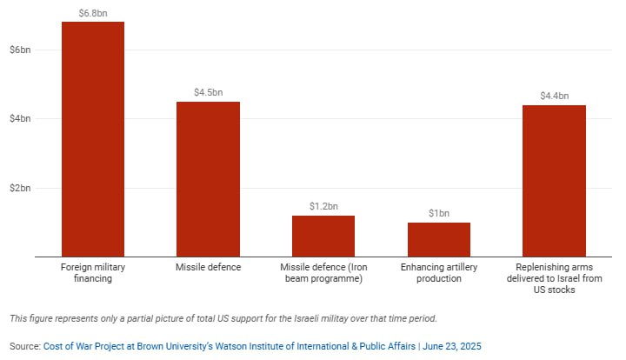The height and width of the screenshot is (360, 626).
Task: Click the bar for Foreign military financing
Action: click(92, 139)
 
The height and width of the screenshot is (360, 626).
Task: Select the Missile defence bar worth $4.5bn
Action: click(208, 179)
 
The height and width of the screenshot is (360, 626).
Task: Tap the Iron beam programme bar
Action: click(323, 236)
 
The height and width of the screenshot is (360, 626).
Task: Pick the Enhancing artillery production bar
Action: click(439, 239)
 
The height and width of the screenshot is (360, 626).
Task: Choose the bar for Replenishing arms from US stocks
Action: click(554, 181)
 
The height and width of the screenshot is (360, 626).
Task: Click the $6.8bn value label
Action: click(92, 12)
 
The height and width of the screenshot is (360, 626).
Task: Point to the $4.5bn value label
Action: click(208, 92)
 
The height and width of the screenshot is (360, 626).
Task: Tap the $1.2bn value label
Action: click(323, 206)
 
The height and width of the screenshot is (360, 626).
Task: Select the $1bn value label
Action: click(439, 213)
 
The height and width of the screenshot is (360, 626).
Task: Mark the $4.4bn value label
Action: click(554, 96)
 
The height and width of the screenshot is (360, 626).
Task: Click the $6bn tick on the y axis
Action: click(19, 50)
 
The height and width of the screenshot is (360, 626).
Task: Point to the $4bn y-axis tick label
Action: click(19, 118)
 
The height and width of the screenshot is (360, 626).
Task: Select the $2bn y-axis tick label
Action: click(19, 188)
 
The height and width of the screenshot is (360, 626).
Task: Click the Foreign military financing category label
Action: click(92, 272)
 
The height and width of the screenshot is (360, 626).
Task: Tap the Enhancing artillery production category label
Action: click(439, 272)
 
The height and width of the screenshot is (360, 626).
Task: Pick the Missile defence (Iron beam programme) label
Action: click(323, 272)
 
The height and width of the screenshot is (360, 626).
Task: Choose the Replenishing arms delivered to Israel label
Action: click(554, 278)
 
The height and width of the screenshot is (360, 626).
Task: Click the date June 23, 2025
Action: click(451, 346)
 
